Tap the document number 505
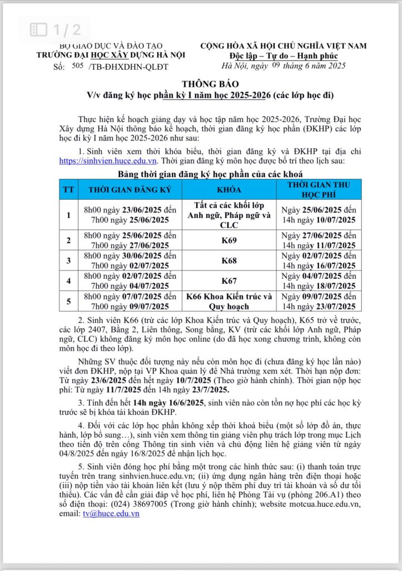coord(77,66)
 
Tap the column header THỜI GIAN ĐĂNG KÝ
coord(130,190)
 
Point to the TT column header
coord(69,190)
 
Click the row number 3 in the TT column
coord(69,260)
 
